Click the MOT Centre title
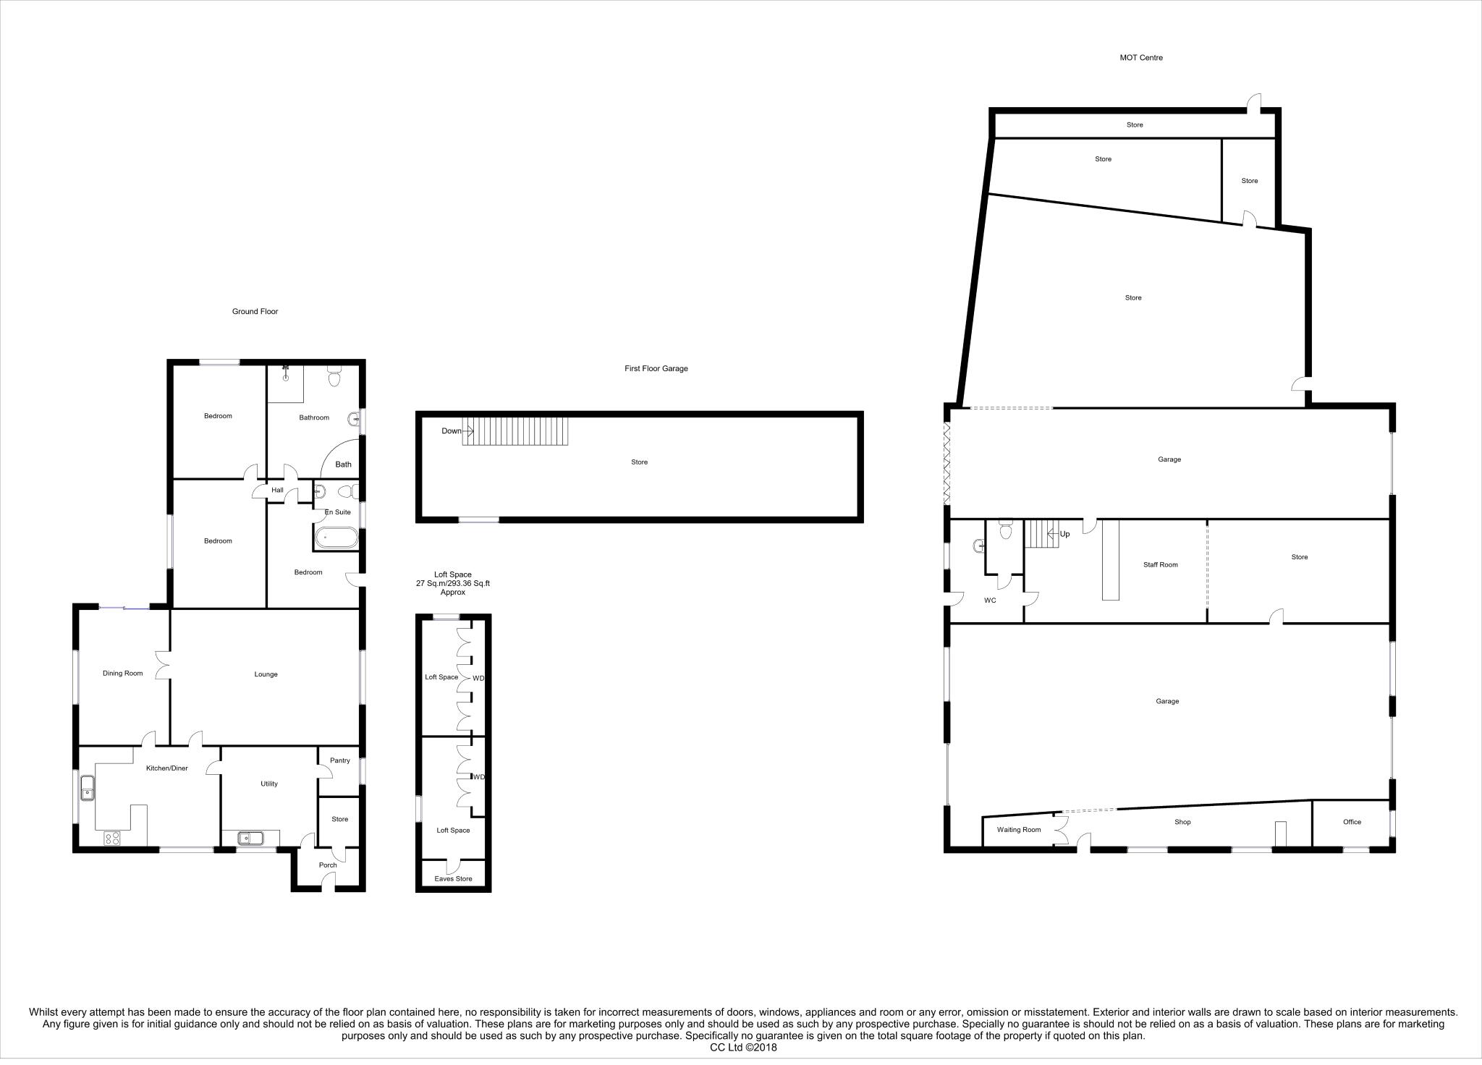point(1140,58)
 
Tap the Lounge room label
point(266,674)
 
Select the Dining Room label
point(122,674)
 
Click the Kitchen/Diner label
point(166,768)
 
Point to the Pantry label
point(339,760)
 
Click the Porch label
point(328,865)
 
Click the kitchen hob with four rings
point(113,839)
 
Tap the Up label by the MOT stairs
point(1064,534)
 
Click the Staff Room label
point(1160,565)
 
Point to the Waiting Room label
point(1018,830)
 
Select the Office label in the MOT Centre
point(1352,822)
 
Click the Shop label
point(1182,822)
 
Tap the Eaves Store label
point(453,879)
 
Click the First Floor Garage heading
point(656,369)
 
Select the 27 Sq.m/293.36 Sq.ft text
point(452,583)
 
